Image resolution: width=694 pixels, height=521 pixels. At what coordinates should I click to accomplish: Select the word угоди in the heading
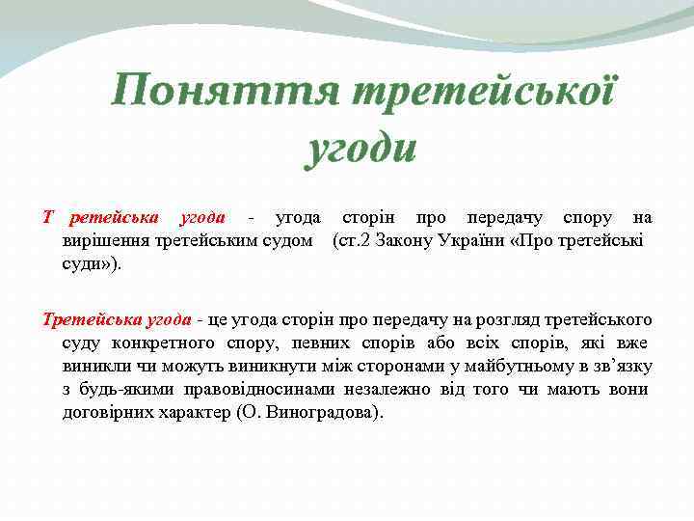click(361, 149)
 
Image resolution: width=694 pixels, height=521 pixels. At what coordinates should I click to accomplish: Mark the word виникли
click(94, 366)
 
